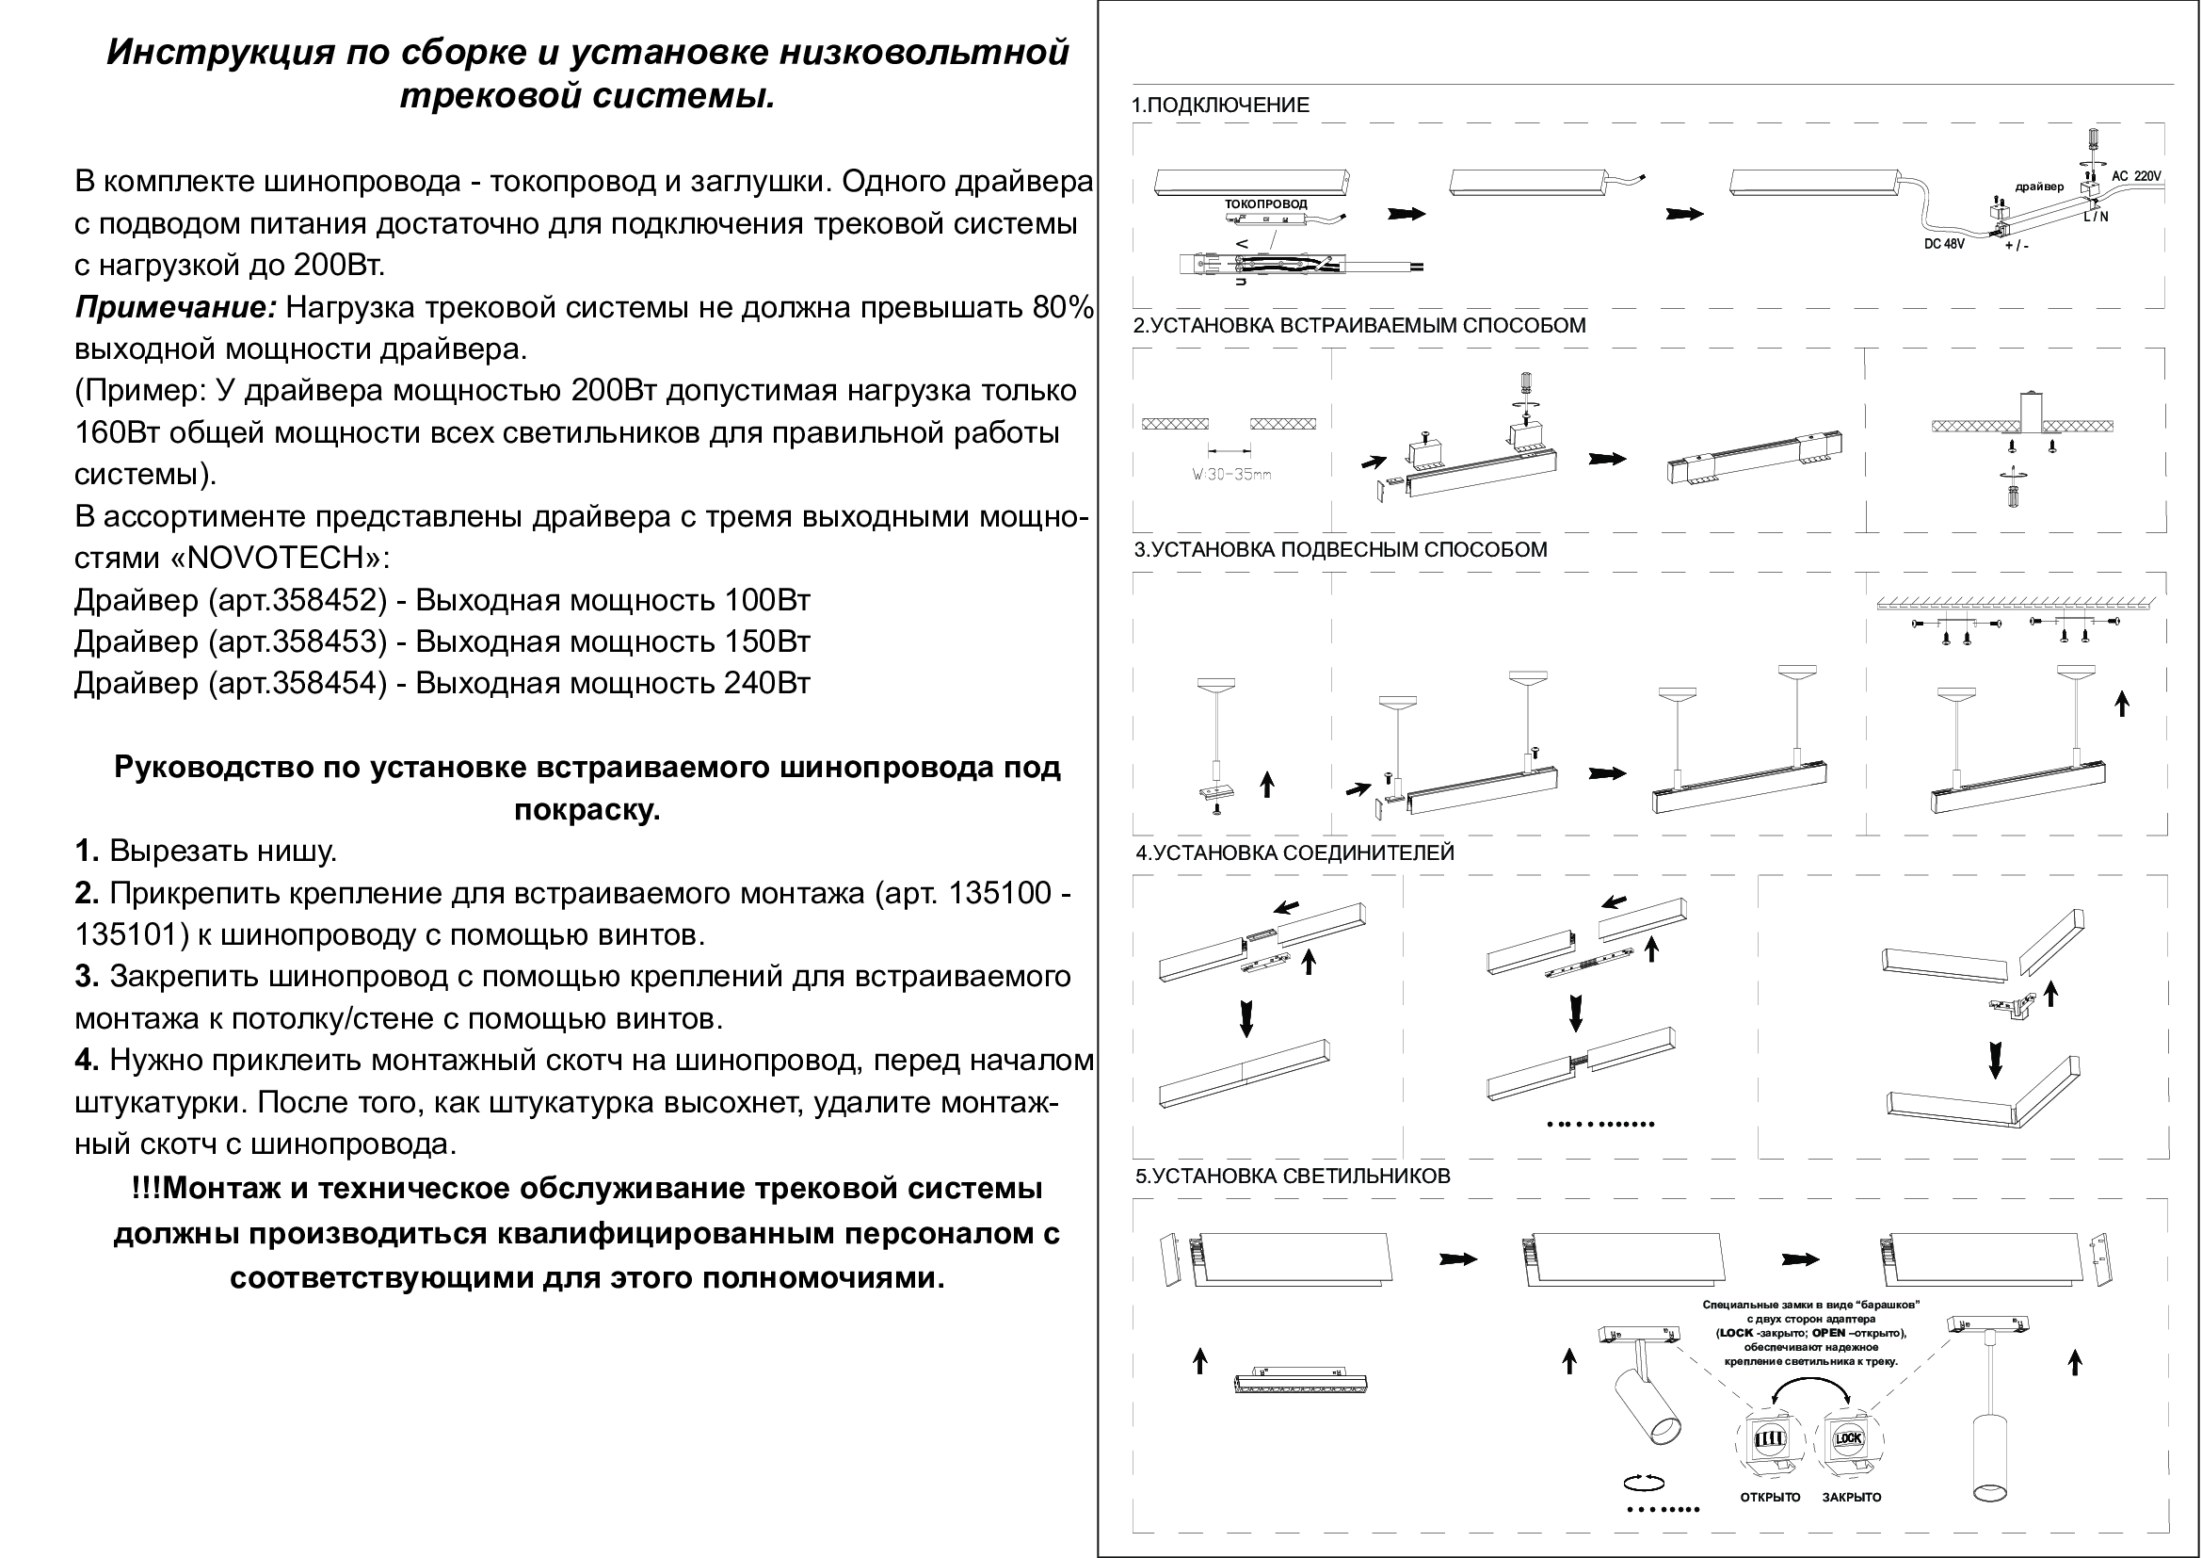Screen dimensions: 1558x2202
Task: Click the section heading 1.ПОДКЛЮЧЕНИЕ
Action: click(1220, 105)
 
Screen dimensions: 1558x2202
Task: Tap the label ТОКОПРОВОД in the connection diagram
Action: click(1265, 204)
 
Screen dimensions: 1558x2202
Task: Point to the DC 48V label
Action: click(1944, 245)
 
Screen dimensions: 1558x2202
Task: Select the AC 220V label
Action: click(2137, 176)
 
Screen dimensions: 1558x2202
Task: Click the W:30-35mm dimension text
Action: click(1231, 475)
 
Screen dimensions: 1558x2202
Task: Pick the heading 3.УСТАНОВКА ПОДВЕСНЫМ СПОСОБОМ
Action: click(1341, 550)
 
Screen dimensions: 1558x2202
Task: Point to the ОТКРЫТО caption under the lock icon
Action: click(1771, 1498)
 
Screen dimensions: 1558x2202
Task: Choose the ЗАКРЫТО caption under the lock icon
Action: click(1852, 1498)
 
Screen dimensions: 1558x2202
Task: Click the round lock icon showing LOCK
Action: click(1848, 1438)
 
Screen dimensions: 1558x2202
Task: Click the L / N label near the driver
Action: click(2096, 217)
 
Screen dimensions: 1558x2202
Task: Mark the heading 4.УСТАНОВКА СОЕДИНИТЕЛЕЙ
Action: click(1294, 852)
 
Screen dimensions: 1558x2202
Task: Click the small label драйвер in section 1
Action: click(2040, 187)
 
